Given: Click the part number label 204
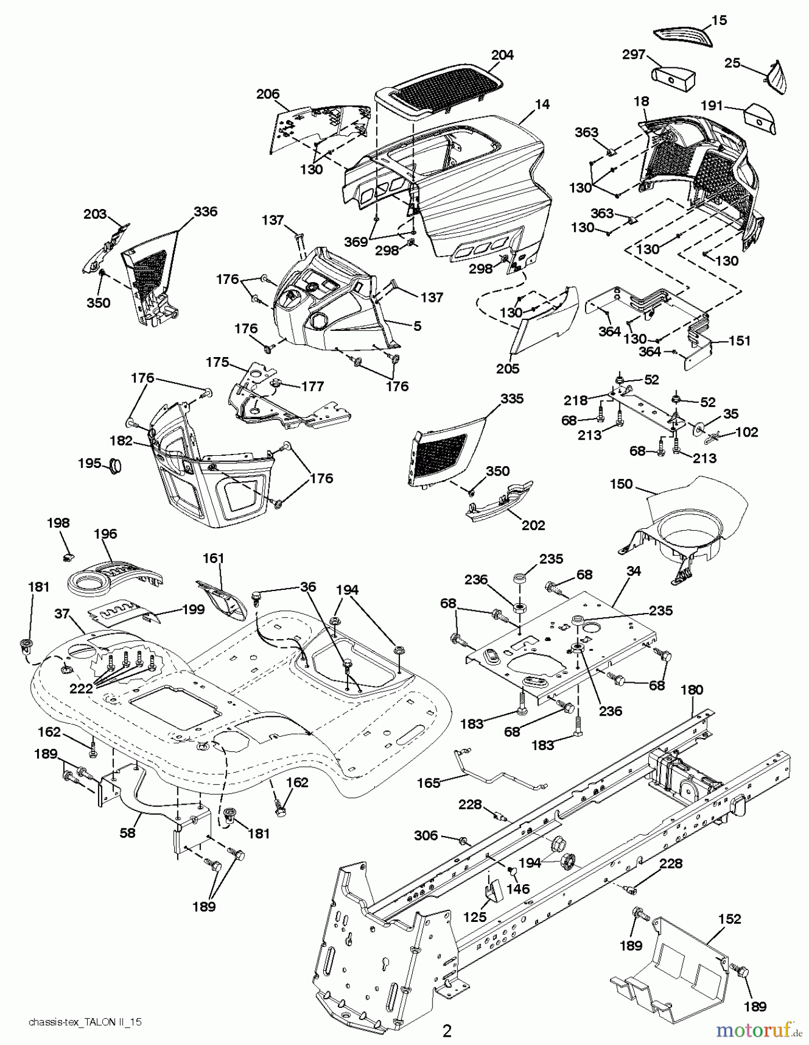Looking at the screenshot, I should coord(502,55).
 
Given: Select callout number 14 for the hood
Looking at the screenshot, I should coord(542,105).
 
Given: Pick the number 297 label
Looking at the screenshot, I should coord(633,55).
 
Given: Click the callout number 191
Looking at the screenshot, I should coord(712,106).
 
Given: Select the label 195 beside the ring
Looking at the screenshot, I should coord(89,463).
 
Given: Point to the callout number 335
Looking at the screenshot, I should coord(511,399).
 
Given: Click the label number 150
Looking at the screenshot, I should coord(621,484).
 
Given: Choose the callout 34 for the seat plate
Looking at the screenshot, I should coord(634,571).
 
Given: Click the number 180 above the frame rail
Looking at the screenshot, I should coord(691,690).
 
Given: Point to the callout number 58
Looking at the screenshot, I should coord(127,832).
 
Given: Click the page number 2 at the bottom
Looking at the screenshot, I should coord(447,1030).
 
